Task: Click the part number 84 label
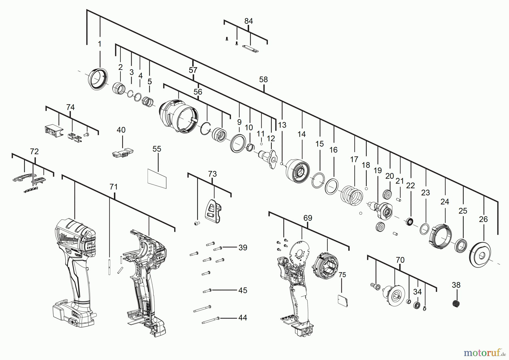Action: click(248, 21)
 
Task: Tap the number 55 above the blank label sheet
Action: click(157, 149)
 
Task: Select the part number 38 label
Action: click(456, 285)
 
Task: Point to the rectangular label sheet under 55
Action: click(157, 178)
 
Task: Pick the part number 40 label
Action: click(121, 130)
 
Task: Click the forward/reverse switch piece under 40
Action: click(122, 153)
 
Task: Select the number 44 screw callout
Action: click(242, 318)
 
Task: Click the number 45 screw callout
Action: click(243, 290)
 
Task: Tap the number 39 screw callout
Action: click(243, 248)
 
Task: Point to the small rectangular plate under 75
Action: click(342, 301)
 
